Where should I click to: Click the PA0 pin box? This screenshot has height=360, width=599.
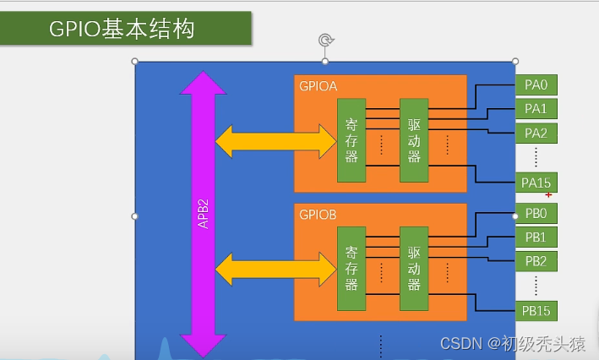coord(536,85)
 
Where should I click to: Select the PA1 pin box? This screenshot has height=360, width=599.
coord(536,108)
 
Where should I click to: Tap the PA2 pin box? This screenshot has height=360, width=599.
coord(536,133)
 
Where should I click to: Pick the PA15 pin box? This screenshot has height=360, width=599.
coord(536,183)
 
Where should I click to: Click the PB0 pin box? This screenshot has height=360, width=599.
coord(536,212)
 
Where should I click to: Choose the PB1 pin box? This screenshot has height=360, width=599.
coord(536,237)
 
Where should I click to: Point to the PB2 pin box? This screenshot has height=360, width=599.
coord(536,260)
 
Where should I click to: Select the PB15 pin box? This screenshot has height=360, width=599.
coord(536,311)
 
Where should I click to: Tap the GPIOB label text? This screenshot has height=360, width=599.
coord(319,215)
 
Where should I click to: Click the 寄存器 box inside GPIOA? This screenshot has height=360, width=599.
coord(351,139)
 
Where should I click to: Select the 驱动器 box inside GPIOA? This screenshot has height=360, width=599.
coord(414,139)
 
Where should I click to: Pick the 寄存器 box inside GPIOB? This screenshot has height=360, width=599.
coord(351,269)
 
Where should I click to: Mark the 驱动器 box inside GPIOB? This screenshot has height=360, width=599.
coord(414,269)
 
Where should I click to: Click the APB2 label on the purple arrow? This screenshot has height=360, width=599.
coord(204,214)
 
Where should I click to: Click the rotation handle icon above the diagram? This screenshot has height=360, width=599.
coord(325,41)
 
